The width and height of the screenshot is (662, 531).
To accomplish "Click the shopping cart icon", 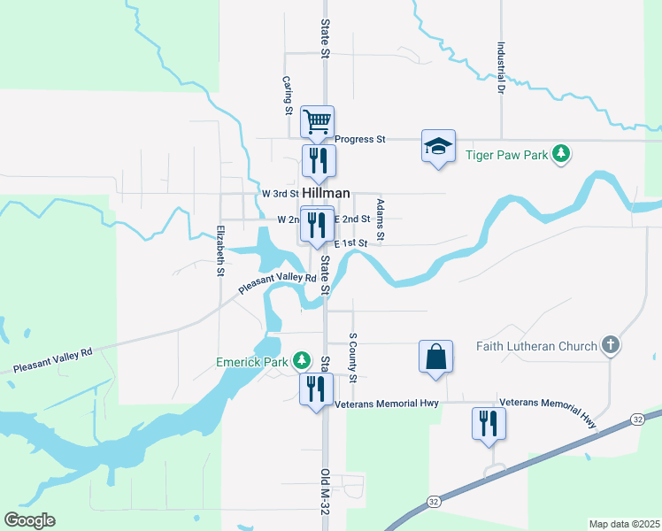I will coord(317,121).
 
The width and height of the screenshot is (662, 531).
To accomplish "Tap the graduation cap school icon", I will coord(437,146).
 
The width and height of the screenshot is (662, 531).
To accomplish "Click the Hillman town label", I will coord(327,192).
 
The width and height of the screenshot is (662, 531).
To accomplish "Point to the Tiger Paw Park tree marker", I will coord(560,154).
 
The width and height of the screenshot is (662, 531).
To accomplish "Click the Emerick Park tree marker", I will coord(303,360).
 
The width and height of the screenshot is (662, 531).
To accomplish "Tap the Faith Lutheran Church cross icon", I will coord(610,345).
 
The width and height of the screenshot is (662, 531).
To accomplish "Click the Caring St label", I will coord(288,95).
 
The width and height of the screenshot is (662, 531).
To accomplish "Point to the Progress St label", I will coord(360,139).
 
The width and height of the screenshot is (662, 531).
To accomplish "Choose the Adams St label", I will coord(380,219).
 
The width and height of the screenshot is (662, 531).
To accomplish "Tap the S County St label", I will coord(352,358).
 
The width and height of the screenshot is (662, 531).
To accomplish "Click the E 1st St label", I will coord(350,242).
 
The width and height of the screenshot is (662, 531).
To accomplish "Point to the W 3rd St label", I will coord(281,193).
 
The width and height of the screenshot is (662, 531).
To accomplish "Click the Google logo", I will coord(29,520).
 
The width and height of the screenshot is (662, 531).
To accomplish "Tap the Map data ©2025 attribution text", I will coord(625,524).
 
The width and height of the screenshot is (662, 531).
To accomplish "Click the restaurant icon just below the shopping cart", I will coord(318,160).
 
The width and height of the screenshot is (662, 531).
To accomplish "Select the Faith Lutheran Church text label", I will coord(537,346).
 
